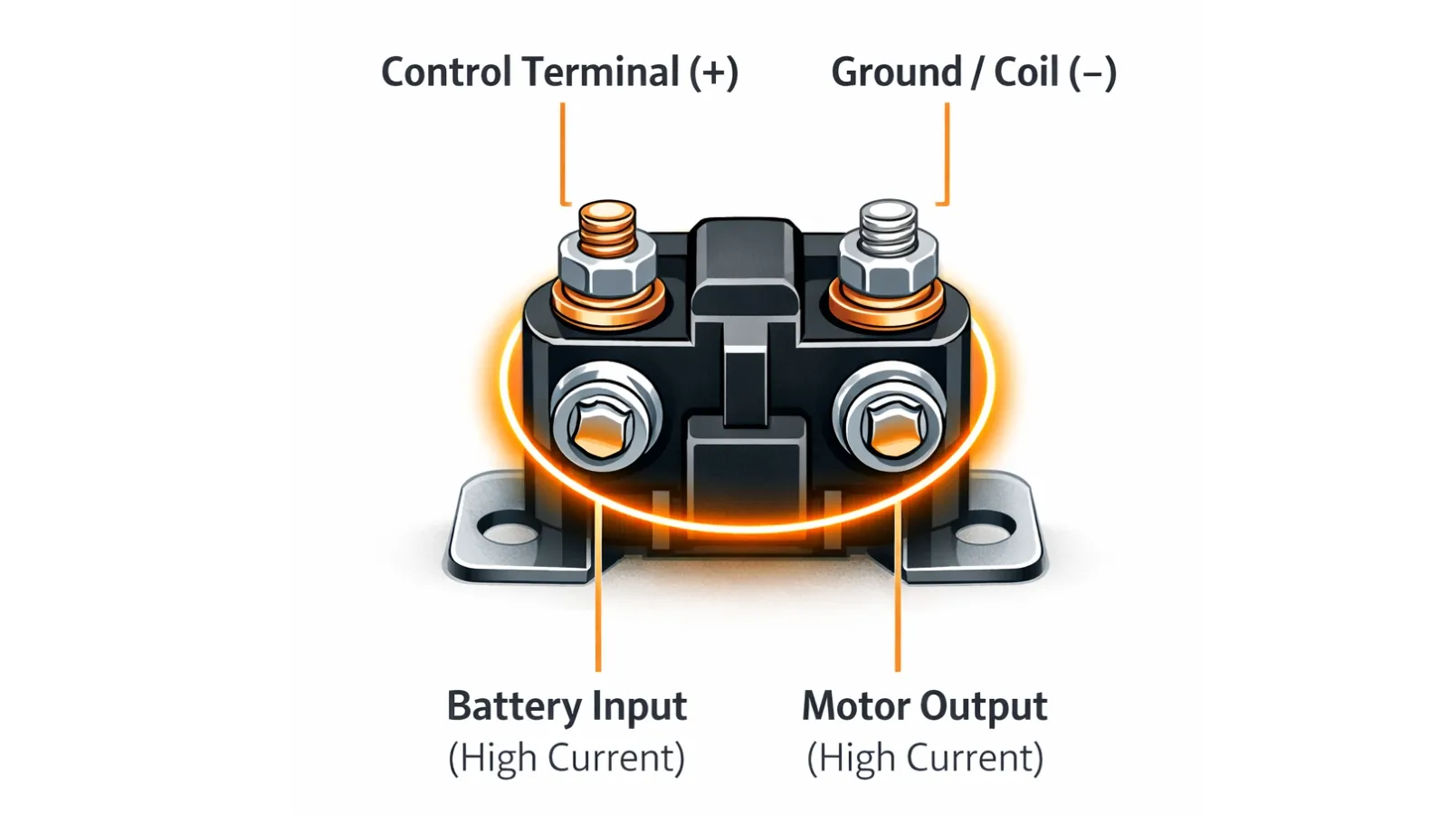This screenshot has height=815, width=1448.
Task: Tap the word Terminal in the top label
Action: click(x=601, y=72)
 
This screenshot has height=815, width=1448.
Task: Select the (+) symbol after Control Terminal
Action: click(x=714, y=72)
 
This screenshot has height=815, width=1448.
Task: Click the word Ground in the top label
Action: click(x=896, y=72)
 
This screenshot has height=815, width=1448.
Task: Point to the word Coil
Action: click(x=1026, y=72)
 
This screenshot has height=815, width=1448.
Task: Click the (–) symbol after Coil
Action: click(x=1093, y=72)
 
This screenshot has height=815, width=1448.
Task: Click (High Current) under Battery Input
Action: click(x=567, y=758)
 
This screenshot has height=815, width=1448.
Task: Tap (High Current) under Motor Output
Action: click(x=925, y=758)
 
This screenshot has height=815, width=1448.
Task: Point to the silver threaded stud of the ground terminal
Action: click(x=889, y=225)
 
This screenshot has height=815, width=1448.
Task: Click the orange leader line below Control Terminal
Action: click(x=563, y=154)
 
